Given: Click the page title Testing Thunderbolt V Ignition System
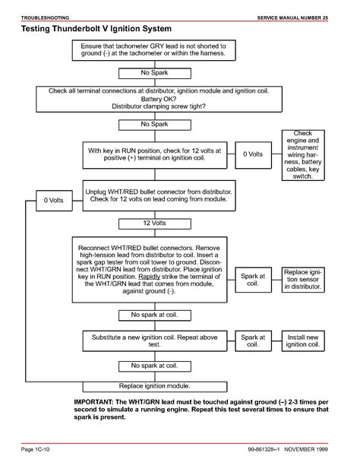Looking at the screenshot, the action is pos(96,29).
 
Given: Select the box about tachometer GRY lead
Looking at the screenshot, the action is pos(154,50).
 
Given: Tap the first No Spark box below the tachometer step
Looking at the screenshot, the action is pos(155,74).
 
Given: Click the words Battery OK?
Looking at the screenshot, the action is pos(159,99).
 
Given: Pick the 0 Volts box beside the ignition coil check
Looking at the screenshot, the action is pos(254,155).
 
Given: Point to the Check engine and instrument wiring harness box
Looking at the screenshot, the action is pos(303,155).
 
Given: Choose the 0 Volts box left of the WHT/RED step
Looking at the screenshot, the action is pos(54,201).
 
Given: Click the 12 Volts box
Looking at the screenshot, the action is pos(155,223).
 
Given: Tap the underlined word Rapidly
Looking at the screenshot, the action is pos(149,277).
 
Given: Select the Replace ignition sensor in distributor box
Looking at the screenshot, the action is pos(303,280).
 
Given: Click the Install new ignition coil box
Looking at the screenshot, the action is pos(303,341).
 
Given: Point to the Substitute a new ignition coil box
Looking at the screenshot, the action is pos(155,341).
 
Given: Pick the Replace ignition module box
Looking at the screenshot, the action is pos(155,386).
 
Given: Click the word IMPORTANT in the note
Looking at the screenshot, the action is pos(93,402).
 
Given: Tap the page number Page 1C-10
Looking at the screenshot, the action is pos(36,449).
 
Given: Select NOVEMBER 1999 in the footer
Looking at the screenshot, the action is pos(306,449).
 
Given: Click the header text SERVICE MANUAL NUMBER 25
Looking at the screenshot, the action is pos(292,17).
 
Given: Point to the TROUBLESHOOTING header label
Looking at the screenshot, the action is pos(45,17).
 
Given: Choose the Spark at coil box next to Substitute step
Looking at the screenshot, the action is pos(254,341).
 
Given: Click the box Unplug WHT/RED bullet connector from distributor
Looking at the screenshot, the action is pos(159,195).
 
